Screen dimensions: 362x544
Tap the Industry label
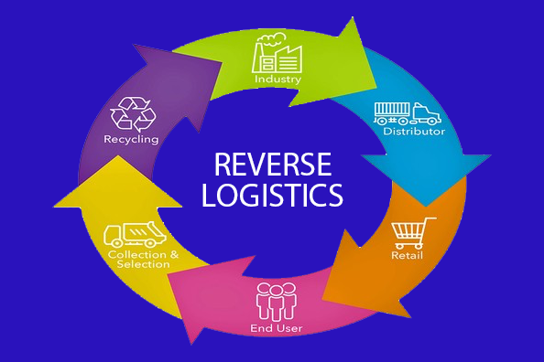tap(277, 80)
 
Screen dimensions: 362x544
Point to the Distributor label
tap(415, 131)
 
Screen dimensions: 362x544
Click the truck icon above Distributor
tap(407, 112)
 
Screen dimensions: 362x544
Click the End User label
tap(277, 327)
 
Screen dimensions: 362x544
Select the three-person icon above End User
tap(277, 302)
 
